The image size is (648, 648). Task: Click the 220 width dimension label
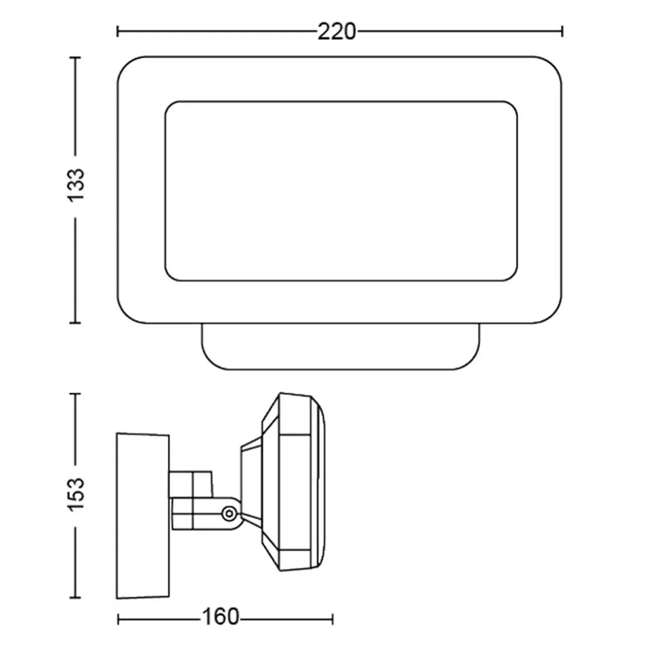point(336,32)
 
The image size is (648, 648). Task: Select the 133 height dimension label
point(75,185)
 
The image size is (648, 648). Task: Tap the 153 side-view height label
point(75,494)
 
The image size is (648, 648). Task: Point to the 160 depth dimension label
point(220,617)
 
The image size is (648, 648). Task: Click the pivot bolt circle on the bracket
point(228,514)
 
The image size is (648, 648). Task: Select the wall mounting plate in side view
point(143,516)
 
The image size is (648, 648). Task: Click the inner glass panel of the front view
point(341,191)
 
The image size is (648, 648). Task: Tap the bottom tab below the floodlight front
point(341,346)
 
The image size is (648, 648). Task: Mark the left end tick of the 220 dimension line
point(118,31)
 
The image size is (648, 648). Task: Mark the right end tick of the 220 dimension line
point(562,31)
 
